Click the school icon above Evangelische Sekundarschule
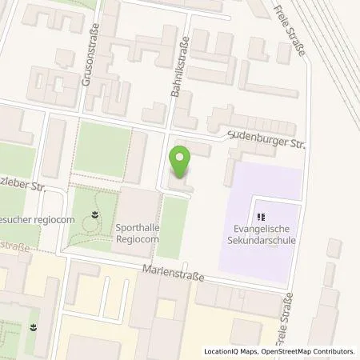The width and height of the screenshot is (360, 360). point(261,216)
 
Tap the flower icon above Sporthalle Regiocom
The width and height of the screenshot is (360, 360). point(95,214)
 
